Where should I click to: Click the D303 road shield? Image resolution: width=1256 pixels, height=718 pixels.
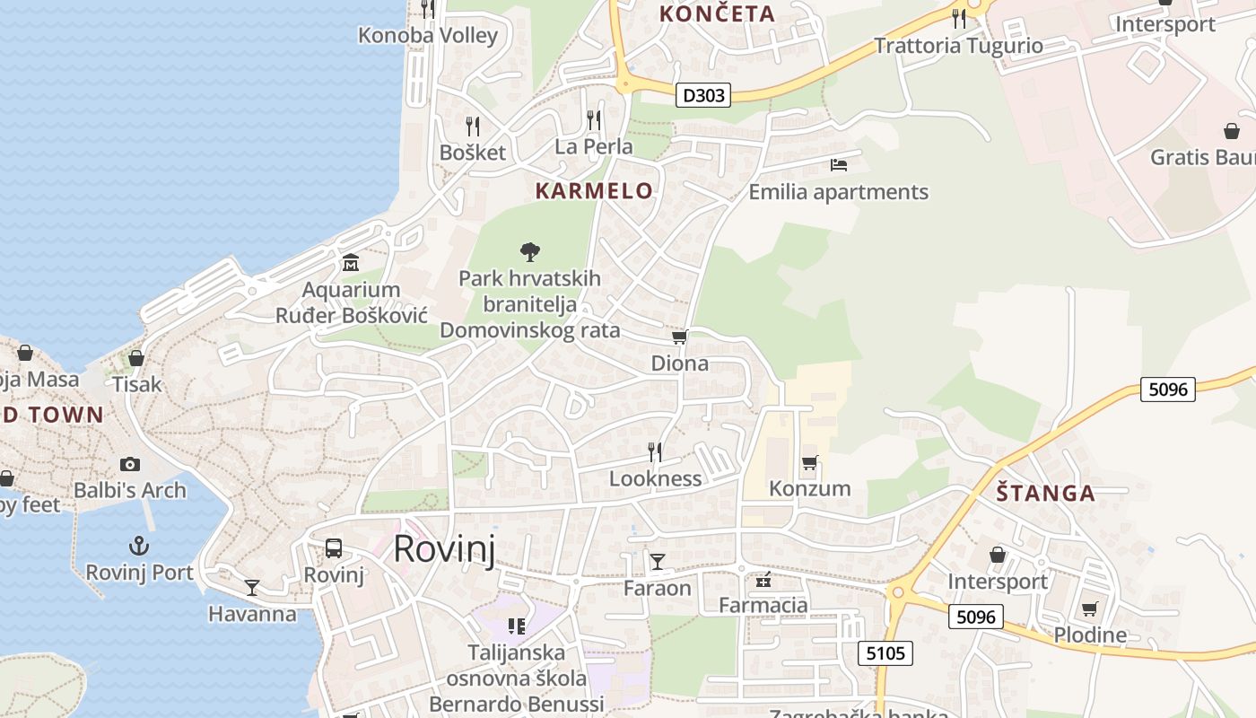(702, 94)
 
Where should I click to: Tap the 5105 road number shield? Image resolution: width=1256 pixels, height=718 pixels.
(885, 652)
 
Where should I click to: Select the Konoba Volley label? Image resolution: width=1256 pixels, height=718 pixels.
(428, 36)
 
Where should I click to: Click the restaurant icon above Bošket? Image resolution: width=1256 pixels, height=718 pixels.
(473, 127)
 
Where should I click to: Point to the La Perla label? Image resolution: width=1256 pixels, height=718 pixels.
(594, 146)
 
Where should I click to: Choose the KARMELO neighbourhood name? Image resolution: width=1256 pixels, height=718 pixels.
(594, 190)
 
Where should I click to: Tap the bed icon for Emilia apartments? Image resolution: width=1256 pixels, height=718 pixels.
(839, 165)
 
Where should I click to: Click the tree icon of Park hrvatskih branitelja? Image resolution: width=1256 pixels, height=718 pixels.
(530, 251)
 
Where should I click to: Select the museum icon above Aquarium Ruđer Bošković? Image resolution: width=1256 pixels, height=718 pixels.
(351, 263)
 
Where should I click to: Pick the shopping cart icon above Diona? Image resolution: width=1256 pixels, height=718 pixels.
(680, 337)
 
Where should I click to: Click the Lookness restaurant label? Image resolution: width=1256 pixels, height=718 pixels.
(655, 478)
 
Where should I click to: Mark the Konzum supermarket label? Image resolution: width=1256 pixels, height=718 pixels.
(810, 488)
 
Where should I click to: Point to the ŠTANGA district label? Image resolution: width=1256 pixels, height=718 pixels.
(1046, 493)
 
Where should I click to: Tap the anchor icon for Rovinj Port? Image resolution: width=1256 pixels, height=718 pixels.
(139, 546)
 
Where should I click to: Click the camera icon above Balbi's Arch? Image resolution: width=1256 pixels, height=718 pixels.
(130, 464)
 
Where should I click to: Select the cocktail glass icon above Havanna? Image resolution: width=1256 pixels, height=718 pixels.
(252, 588)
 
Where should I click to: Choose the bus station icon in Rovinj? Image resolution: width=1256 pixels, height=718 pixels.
(334, 547)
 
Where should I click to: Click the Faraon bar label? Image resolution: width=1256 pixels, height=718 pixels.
(658, 589)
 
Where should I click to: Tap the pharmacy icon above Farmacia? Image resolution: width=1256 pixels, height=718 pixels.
(763, 580)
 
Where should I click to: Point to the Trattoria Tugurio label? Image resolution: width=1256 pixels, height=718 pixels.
(959, 46)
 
